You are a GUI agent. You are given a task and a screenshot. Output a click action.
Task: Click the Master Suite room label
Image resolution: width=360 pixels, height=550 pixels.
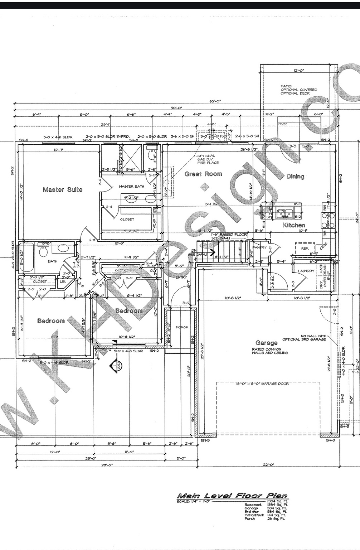click(63, 189)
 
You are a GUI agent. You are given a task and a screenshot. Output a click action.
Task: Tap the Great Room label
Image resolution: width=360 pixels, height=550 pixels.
click(203, 174)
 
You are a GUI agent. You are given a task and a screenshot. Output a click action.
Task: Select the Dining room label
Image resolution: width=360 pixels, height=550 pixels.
click(295, 176)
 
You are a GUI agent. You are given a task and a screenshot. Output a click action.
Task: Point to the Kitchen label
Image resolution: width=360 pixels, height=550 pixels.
click(294, 225)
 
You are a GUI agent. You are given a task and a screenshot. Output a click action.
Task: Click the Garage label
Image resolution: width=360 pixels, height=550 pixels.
click(266, 343)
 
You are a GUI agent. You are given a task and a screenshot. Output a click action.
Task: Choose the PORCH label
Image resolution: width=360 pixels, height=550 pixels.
click(182, 327)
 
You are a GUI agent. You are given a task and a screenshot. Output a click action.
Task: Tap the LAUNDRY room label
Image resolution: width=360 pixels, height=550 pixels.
click(306, 271)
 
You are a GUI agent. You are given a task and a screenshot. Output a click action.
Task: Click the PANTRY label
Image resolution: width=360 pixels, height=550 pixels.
click(259, 247)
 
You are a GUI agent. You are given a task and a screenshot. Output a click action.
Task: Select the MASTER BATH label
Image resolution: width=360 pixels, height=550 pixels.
click(131, 187)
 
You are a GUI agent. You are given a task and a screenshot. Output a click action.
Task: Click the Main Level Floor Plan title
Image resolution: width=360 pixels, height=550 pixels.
click(232, 496)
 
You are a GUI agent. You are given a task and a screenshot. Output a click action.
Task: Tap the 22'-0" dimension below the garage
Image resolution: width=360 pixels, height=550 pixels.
click(268, 464)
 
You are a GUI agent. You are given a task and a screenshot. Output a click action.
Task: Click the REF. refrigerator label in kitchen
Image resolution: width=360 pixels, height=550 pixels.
click(305, 248)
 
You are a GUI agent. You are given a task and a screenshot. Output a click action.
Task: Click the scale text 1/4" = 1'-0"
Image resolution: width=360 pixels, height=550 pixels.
click(195, 501)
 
